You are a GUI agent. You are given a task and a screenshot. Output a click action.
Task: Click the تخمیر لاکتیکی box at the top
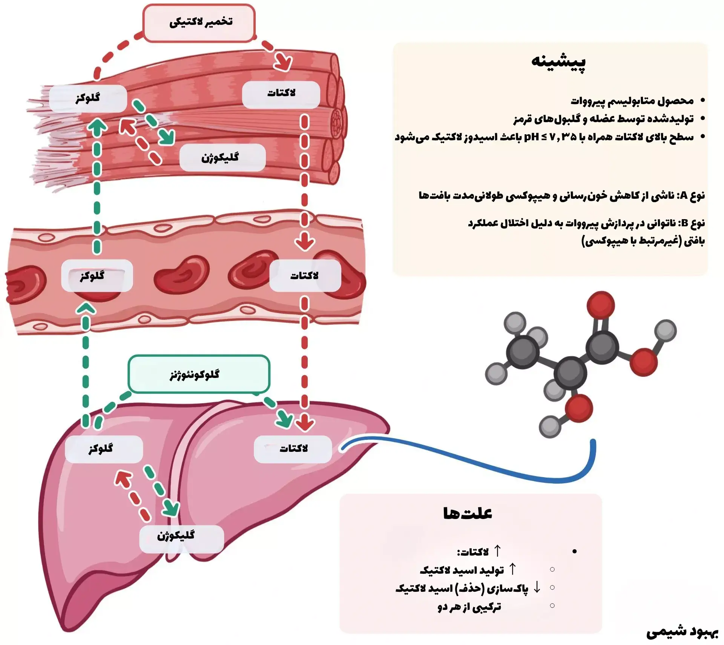pos(199,23)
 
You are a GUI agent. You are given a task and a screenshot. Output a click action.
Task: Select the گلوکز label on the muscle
pos(88,98)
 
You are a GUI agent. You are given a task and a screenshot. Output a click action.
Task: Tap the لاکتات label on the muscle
pos(281,94)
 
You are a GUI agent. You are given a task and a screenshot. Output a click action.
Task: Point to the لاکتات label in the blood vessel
pos(305,276)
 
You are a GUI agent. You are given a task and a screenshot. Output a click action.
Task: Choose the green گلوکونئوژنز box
pos(199,374)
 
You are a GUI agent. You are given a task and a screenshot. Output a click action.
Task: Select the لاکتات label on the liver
pos(293,449)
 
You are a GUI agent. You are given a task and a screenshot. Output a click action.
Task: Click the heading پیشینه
pos(558,62)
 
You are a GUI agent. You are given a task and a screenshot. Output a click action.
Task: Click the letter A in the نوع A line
pos(683,196)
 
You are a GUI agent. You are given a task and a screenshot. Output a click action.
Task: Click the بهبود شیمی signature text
pos(683,632)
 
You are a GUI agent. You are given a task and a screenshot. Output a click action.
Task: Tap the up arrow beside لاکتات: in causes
pos(497,551)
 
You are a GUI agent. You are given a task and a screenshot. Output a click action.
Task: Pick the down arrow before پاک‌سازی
pos(537,587)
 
